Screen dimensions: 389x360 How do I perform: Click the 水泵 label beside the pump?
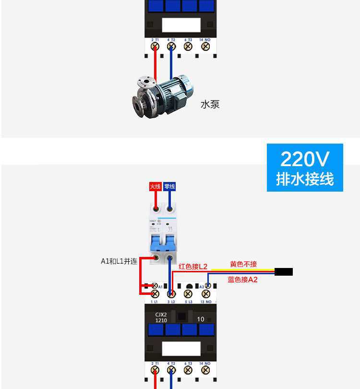[x=210, y=104]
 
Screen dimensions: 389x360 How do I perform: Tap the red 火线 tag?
[x=155, y=186]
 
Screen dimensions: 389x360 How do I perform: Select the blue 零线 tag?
[x=169, y=186]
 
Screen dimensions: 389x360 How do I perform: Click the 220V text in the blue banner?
[x=305, y=158]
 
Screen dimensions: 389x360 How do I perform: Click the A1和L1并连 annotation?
[x=119, y=262]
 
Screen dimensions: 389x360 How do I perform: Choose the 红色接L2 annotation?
[x=193, y=267]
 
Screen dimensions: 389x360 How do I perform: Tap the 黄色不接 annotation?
[x=243, y=264]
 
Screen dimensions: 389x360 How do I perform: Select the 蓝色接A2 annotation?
[x=242, y=280]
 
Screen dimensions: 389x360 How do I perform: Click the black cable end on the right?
[x=284, y=272]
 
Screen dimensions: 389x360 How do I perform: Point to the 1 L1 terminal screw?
[x=155, y=293]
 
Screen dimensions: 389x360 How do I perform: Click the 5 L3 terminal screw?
[x=188, y=293]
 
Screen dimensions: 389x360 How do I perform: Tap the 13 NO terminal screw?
[x=205, y=293]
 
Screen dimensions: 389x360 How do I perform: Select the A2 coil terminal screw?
[x=208, y=286]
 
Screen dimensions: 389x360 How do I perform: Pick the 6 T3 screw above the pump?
[x=188, y=47]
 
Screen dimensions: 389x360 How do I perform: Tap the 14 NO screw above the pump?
[x=205, y=47]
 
